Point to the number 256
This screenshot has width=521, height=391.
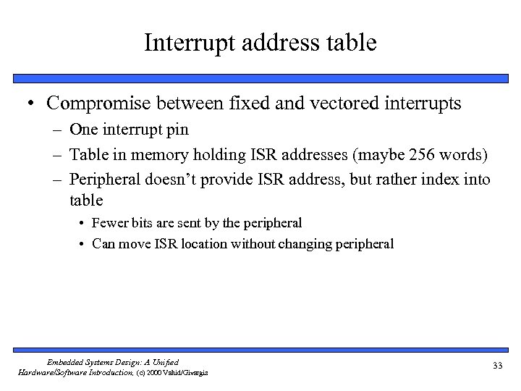click(399, 156)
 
